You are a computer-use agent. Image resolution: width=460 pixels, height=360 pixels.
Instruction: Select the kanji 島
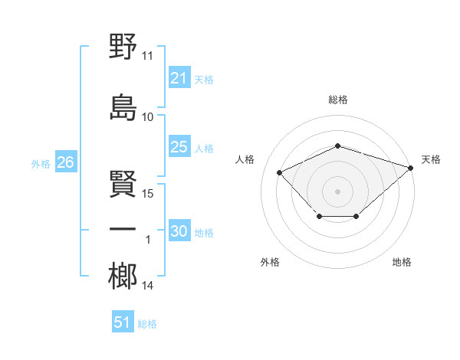[123, 107]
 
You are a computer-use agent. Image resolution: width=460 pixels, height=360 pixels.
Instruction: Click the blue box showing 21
[179, 78]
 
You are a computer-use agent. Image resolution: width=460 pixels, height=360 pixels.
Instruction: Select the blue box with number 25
[179, 147]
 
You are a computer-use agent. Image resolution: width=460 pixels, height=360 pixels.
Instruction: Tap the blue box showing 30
[179, 231]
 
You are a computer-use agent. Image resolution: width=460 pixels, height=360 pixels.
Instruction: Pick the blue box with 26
[65, 162]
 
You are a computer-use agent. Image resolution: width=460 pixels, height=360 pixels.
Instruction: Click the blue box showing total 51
[123, 322]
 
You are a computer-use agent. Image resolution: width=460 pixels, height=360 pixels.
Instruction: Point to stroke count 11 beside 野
[148, 56]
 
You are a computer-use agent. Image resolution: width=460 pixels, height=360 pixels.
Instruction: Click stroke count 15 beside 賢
[148, 193]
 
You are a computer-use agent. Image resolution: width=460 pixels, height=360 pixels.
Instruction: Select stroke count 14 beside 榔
[148, 286]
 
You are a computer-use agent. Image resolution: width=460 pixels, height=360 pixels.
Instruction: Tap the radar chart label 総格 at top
[337, 100]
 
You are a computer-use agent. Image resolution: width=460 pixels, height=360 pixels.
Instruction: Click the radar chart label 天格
[431, 159]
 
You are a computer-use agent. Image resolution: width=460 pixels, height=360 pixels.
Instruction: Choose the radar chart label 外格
[270, 262]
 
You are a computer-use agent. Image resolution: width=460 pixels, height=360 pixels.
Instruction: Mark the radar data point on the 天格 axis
[412, 167]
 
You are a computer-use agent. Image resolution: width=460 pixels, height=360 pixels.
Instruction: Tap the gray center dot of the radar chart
[337, 191]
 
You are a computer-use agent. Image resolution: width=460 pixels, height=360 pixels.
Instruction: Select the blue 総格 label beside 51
[147, 324]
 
